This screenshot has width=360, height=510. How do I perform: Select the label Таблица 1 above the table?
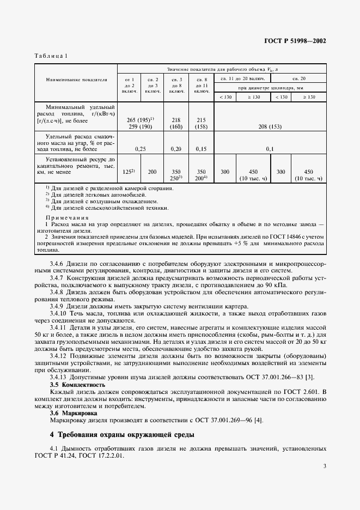[x=51, y=57]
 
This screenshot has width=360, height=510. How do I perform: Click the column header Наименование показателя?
[x=76, y=80]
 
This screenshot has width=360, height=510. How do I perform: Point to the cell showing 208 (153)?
[x=270, y=126]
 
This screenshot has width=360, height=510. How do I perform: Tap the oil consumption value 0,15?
[x=202, y=148]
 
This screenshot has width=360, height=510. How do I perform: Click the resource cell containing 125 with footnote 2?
[x=129, y=172]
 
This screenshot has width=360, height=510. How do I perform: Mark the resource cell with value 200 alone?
[x=152, y=172]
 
